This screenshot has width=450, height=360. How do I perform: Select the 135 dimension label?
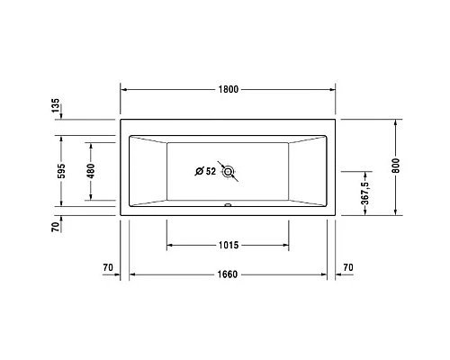(x=56, y=108)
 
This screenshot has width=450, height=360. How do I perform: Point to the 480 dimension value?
(x=91, y=171)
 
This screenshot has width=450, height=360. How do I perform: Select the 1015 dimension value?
(x=227, y=245)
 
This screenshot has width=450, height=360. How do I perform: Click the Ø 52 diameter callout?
(x=205, y=171)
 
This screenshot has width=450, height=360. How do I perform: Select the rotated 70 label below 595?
(x=56, y=228)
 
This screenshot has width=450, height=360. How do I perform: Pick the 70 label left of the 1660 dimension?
(x=108, y=267)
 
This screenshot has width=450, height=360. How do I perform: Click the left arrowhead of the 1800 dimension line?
(x=125, y=90)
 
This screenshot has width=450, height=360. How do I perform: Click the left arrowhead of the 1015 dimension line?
(x=170, y=245)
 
